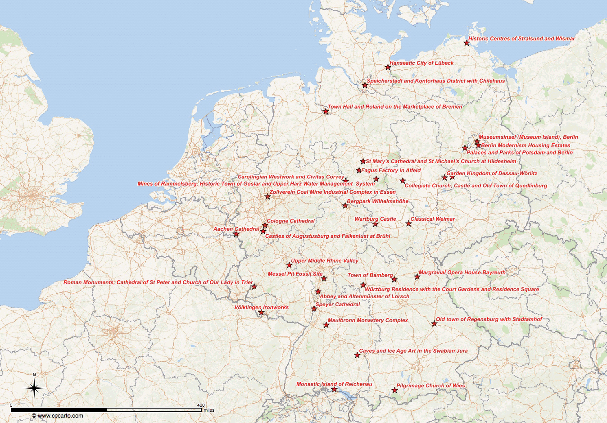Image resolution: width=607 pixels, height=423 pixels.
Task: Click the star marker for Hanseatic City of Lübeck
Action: (388, 67)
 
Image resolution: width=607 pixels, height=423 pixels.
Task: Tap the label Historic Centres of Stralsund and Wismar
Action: (521, 39)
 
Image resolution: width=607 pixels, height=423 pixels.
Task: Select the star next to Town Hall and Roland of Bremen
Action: (326, 111)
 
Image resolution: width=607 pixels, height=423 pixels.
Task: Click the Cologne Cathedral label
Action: (290, 221)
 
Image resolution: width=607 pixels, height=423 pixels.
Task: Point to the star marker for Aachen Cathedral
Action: (236, 234)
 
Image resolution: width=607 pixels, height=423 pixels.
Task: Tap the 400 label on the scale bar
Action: (201, 405)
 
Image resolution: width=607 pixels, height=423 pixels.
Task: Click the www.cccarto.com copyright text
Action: (58, 416)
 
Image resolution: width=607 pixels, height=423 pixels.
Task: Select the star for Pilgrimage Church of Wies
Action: (394, 391)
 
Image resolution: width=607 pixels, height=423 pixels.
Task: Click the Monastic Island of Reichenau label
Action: (334, 384)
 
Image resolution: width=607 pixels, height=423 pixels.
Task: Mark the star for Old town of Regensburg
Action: (434, 323)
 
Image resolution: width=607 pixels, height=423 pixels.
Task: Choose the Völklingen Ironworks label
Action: (261, 307)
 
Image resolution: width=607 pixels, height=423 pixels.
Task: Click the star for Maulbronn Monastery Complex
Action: (326, 325)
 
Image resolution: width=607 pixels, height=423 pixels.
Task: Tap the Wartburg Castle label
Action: (375, 219)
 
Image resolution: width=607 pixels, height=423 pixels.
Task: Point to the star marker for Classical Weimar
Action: (408, 223)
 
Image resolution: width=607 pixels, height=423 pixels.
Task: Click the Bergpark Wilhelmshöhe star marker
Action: (345, 206)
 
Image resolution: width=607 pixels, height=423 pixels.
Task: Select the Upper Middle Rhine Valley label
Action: (324, 261)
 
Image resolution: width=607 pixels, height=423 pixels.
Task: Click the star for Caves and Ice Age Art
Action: (357, 355)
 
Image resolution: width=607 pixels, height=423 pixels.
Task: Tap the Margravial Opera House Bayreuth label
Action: (462, 273)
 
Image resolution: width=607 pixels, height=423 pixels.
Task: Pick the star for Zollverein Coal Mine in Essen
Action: (267, 196)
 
